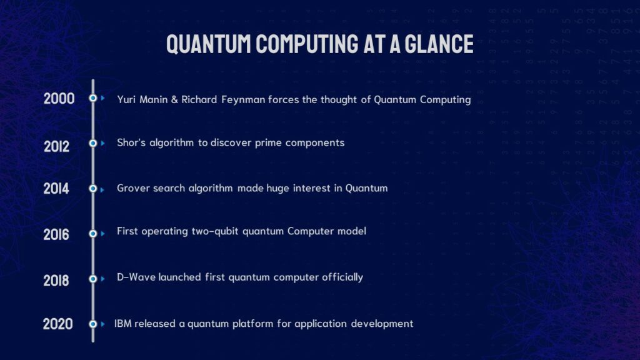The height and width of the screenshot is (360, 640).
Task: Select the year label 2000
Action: click(x=59, y=98)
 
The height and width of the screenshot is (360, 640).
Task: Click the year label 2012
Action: click(x=57, y=146)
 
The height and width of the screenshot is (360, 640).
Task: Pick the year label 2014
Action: click(x=56, y=188)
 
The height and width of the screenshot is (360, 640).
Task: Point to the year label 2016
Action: click(x=56, y=234)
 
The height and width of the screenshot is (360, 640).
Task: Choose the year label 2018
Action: click(x=56, y=281)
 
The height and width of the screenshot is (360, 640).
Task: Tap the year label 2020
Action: click(x=57, y=324)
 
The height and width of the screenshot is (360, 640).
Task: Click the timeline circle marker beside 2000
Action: click(x=92, y=98)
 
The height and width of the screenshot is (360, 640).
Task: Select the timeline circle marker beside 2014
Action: click(x=92, y=188)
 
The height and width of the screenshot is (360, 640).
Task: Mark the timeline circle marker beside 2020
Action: click(x=92, y=324)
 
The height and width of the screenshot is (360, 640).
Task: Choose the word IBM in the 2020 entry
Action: click(x=122, y=324)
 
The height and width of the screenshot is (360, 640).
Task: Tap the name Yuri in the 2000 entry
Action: click(x=127, y=99)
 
